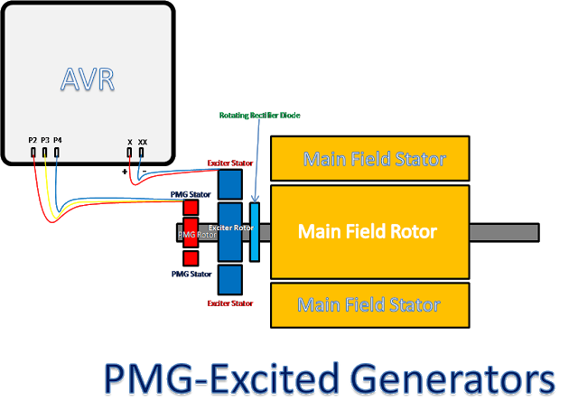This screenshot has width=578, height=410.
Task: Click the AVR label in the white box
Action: [87, 79]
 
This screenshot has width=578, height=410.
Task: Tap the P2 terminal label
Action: [33, 140]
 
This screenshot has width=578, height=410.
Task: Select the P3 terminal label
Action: [45, 140]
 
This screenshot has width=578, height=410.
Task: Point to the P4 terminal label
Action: [58, 140]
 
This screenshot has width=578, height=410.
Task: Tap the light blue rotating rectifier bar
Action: [254, 232]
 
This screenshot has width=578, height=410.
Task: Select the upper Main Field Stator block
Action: [369, 160]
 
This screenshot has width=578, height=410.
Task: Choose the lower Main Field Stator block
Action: [369, 304]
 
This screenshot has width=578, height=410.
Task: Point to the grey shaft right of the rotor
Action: [503, 232]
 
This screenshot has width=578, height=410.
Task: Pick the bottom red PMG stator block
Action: [191, 257]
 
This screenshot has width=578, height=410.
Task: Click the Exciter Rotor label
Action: [230, 228]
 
